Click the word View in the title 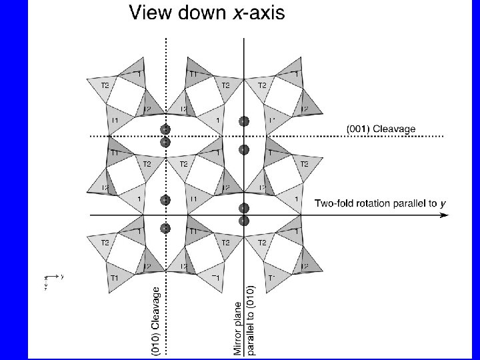(151, 13)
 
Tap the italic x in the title (237, 13)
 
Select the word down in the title (203, 13)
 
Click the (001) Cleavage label (381, 129)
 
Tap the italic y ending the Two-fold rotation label (443, 203)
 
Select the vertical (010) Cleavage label (156, 320)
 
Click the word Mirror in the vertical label (238, 339)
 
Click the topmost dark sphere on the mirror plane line (244, 121)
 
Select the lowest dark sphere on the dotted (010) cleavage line (165, 229)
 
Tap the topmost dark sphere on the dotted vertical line (165, 129)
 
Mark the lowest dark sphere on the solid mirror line (244, 221)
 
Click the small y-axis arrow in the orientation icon (58, 275)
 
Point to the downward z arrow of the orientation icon (46, 285)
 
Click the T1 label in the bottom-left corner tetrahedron (115, 277)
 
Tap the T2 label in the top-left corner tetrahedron (105, 85)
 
